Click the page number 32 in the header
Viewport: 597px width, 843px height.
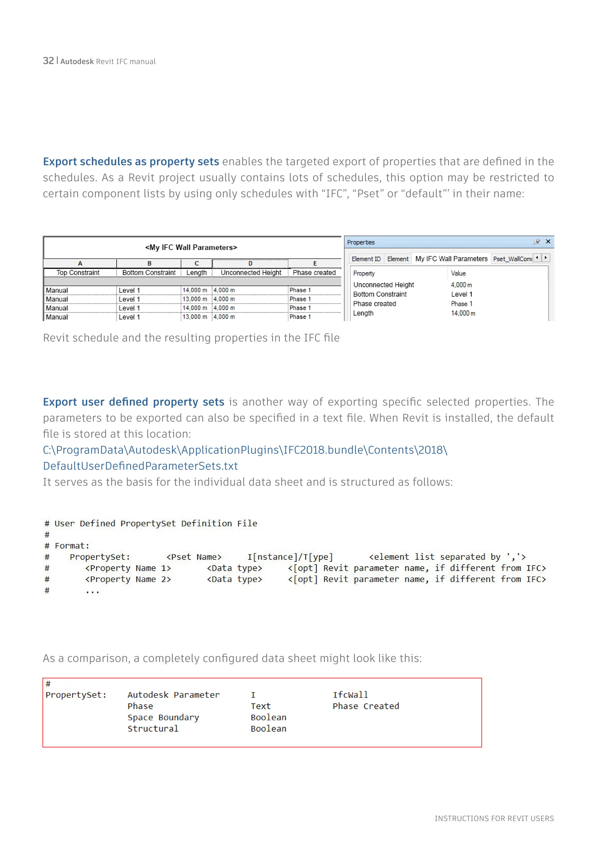click(48, 61)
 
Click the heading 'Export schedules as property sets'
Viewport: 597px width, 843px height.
click(131, 162)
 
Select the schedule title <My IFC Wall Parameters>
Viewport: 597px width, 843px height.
click(191, 247)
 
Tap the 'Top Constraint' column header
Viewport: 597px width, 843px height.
click(78, 272)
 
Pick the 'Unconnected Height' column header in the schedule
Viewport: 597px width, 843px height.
click(251, 272)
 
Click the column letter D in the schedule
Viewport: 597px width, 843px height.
click(250, 263)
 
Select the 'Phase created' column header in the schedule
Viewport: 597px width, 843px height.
click(314, 272)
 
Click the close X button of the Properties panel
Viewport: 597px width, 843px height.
click(548, 242)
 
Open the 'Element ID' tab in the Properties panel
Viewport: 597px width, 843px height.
click(366, 259)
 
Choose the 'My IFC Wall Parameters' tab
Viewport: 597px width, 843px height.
click(451, 259)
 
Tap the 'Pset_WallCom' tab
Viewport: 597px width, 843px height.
click(512, 259)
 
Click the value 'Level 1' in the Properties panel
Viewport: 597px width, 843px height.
click(462, 294)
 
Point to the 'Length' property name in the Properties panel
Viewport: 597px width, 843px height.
click(363, 313)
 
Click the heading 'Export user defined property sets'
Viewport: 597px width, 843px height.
click(134, 402)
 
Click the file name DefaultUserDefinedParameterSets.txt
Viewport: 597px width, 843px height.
click(141, 466)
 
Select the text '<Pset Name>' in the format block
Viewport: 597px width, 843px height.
click(194, 557)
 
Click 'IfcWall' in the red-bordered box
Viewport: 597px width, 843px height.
click(350, 695)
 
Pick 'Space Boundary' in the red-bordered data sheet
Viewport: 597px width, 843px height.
click(163, 718)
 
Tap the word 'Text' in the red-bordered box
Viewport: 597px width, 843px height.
click(261, 706)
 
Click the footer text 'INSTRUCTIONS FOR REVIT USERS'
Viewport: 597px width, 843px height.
click(494, 818)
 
